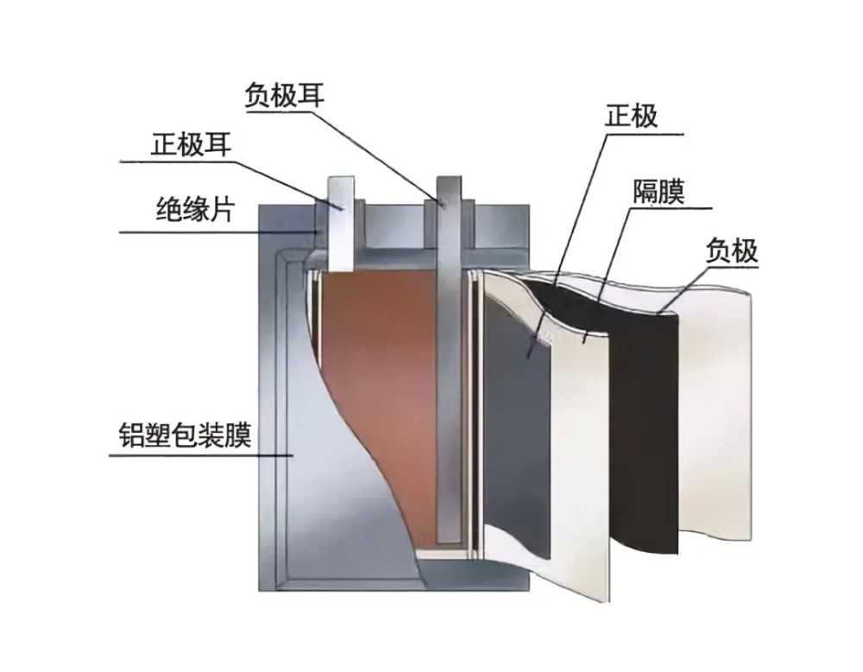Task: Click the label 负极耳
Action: (285, 95)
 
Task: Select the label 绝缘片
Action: (196, 209)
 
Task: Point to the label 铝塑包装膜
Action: (186, 434)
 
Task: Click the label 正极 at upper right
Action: (632, 116)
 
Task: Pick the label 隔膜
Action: (658, 191)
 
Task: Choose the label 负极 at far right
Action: (732, 250)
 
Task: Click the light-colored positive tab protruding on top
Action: (339, 223)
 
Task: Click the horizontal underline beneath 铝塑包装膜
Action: (201, 455)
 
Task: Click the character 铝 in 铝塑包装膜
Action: (132, 434)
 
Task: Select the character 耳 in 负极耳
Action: (311, 95)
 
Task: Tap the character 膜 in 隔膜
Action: (672, 191)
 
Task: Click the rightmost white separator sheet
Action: (715, 408)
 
